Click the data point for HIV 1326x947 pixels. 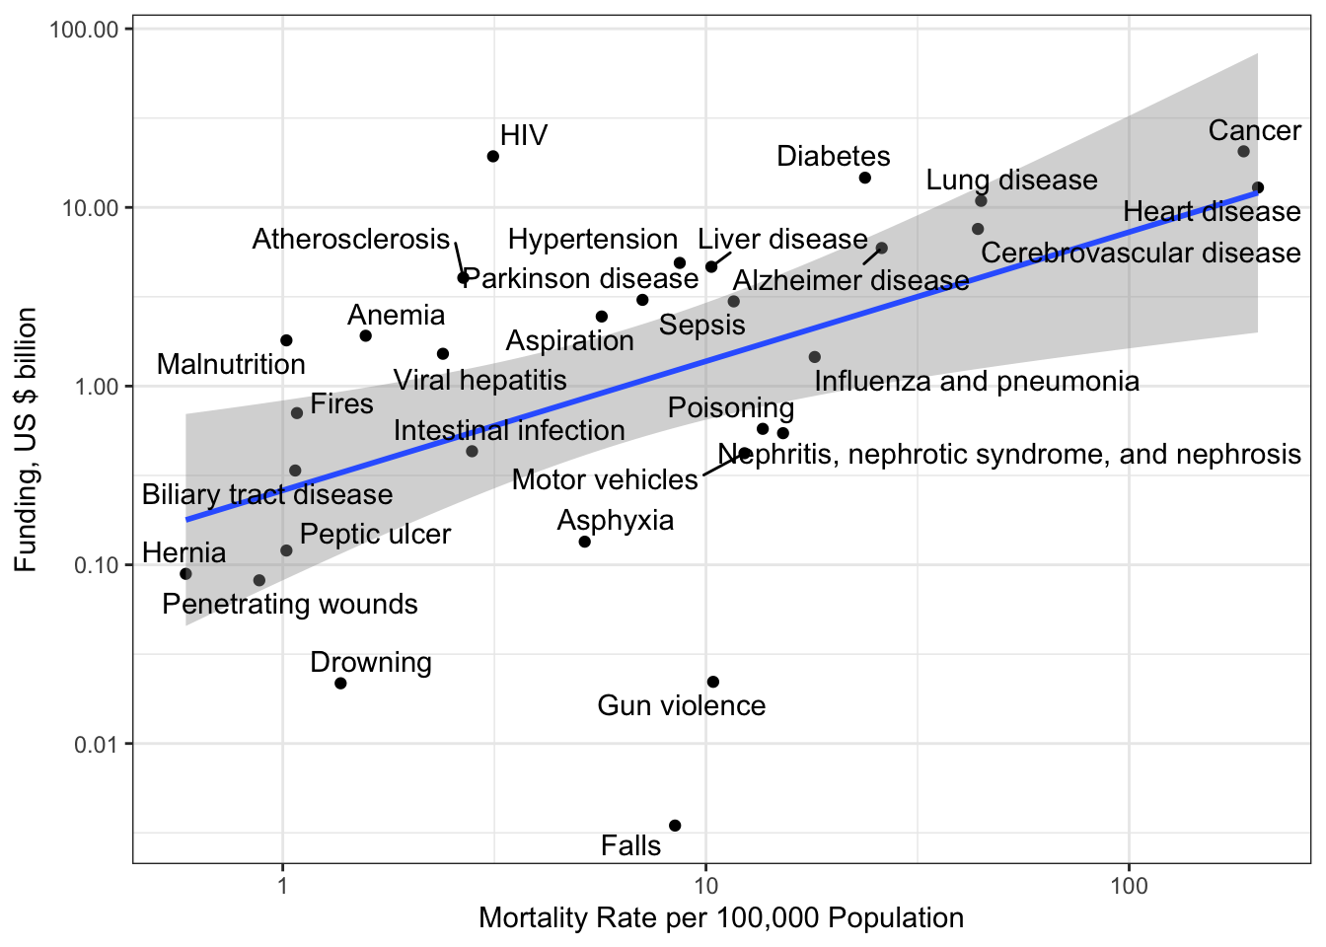coord(493,157)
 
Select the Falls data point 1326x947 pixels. coord(675,826)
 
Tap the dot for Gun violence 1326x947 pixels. coord(713,683)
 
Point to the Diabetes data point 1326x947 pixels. coord(865,178)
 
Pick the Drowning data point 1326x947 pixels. coord(340,684)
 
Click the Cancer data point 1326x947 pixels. coord(1243,152)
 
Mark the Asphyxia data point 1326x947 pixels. coord(585,542)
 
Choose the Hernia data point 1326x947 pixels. coord(186,574)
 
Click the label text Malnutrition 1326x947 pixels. coord(231,364)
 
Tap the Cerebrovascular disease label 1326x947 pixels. coord(1141,254)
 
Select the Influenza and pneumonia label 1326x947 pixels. coord(977,382)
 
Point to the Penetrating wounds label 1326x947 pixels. coord(290,605)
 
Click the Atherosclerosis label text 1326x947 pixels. coord(351,240)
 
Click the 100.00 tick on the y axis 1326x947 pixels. coord(84,30)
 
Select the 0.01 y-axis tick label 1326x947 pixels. coord(96,744)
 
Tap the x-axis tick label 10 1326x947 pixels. coord(705,885)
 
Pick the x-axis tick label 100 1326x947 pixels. coord(1129,885)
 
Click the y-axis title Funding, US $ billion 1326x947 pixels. coord(26,440)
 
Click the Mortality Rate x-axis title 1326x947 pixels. coord(721,918)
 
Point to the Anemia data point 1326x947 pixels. coord(365,336)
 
